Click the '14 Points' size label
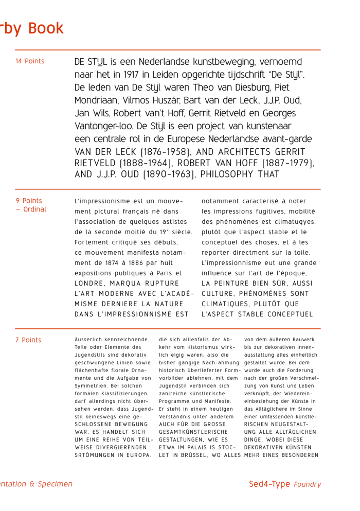point(30,61)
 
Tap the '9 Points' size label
point(29,201)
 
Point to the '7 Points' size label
point(28,340)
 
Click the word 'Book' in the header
point(46,28)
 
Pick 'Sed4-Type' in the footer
point(269,484)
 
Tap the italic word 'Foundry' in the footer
point(308,484)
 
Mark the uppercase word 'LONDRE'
point(92,284)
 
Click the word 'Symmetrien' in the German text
point(95,385)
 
